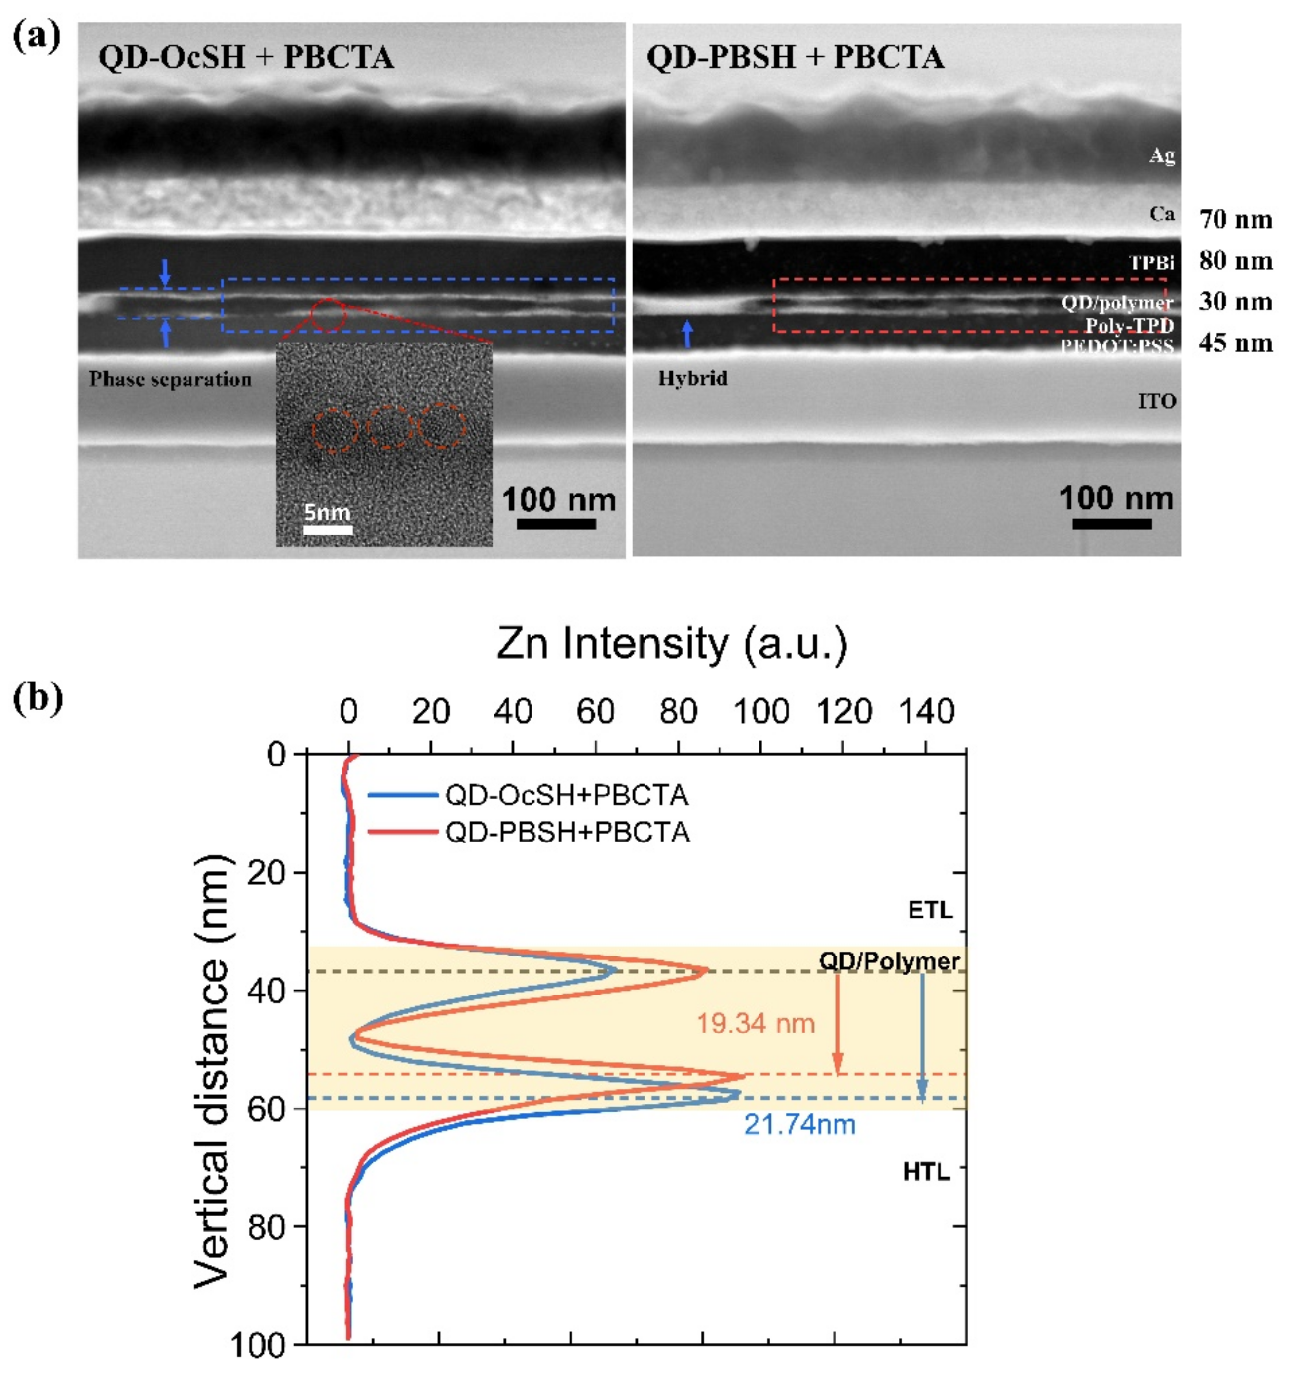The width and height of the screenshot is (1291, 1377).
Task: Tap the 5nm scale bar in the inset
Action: pyautogui.click(x=328, y=530)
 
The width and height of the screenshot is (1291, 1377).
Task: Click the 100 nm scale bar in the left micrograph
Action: pyautogui.click(x=556, y=523)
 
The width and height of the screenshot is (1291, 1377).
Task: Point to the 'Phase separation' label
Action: pyautogui.click(x=170, y=380)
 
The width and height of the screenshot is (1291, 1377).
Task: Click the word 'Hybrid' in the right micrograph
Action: pyautogui.click(x=692, y=378)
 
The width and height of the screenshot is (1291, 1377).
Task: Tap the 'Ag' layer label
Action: pyautogui.click(x=1162, y=156)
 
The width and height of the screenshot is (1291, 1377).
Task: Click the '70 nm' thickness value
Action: pyautogui.click(x=1236, y=220)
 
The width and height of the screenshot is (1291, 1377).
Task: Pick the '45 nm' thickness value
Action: pyautogui.click(x=1236, y=343)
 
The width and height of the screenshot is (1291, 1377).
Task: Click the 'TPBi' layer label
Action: pyautogui.click(x=1151, y=263)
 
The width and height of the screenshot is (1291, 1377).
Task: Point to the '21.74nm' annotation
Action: pyautogui.click(x=800, y=1125)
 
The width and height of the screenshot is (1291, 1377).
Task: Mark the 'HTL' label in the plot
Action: pyautogui.click(x=926, y=1171)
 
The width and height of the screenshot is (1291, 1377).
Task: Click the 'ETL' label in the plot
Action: pyautogui.click(x=930, y=910)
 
